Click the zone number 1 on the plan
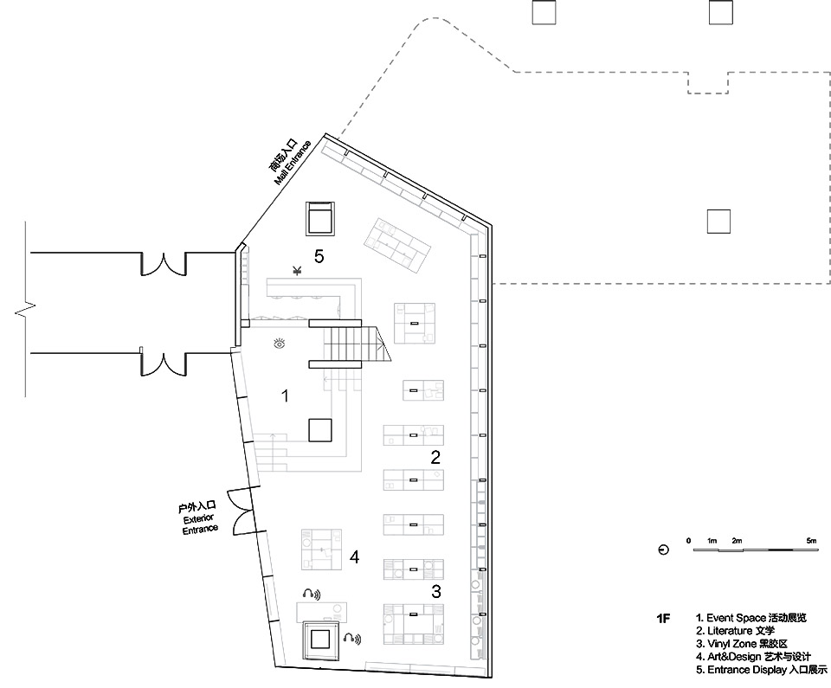tap(284, 396)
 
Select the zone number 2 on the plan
tap(435, 457)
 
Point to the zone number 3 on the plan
tap(436, 592)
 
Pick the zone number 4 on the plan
tap(354, 557)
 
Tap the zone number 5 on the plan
tap(319, 257)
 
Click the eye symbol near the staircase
tap(278, 344)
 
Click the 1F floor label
tap(663, 619)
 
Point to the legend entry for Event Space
tap(750, 618)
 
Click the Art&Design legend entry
tap(750, 657)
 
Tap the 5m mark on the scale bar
tap(811, 541)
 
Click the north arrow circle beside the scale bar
tap(663, 550)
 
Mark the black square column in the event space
tap(320, 430)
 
